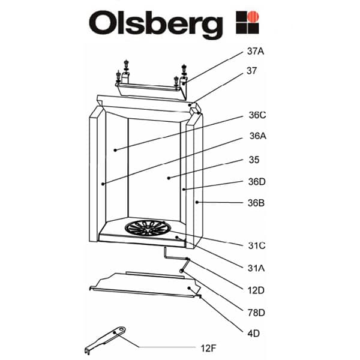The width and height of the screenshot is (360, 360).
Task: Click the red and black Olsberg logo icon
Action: (247, 22)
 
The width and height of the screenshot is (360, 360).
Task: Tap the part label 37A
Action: (256, 52)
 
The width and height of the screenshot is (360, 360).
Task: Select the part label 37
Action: (251, 71)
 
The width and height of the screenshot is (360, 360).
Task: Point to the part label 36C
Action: (257, 116)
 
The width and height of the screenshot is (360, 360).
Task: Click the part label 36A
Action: (257, 136)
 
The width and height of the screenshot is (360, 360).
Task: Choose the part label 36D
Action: (257, 181)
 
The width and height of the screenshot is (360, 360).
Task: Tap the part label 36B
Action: (257, 203)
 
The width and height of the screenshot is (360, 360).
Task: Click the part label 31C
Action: (257, 245)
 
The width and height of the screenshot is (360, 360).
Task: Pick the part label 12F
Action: (209, 347)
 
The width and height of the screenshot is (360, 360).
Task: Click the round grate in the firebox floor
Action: (149, 229)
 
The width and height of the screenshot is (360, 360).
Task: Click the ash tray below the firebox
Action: (144, 284)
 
